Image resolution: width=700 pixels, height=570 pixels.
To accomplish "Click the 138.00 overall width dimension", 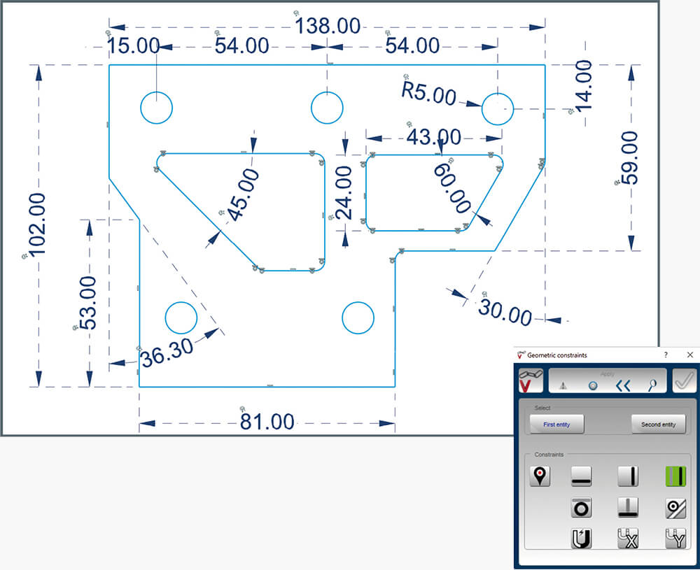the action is point(328,26).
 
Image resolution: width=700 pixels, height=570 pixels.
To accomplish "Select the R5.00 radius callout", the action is point(428,94).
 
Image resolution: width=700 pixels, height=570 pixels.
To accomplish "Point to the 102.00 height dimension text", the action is point(37,225).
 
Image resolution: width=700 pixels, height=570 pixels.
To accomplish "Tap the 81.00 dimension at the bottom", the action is point(267,422).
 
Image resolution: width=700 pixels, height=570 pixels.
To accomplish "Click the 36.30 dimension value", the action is point(167,352).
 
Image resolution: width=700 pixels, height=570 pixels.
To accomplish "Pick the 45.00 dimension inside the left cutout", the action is point(244,194).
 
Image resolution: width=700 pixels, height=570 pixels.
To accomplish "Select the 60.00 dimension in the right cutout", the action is point(452,187).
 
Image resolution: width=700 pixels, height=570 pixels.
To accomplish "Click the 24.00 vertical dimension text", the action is point(344,192).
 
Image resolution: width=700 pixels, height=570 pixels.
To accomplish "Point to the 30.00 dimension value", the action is point(505,312).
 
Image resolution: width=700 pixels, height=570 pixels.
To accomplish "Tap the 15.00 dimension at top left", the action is point(134,45).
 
